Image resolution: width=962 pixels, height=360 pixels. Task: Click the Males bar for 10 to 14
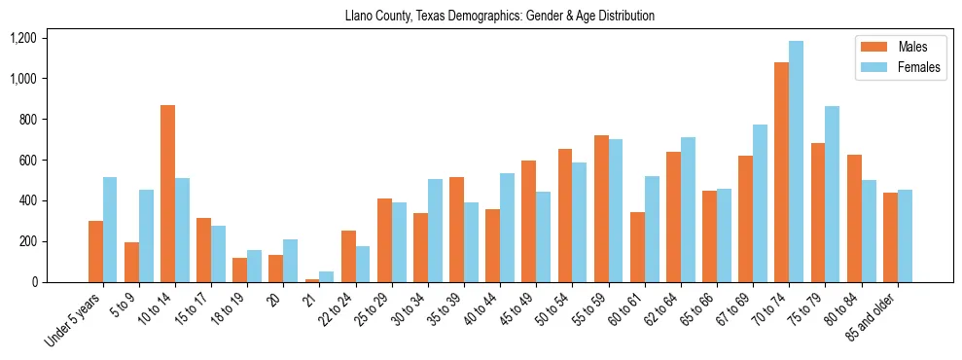coord(168,194)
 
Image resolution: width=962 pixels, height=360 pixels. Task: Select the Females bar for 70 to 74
coord(797,162)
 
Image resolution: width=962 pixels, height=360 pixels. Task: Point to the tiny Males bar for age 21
coord(312,280)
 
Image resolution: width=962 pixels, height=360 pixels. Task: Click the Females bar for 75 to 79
coord(833,195)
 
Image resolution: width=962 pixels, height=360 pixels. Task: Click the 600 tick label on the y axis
coord(29,160)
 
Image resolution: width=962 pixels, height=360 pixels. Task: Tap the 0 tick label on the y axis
coord(34,282)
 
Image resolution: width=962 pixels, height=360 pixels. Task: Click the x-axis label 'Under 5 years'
coord(74,316)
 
